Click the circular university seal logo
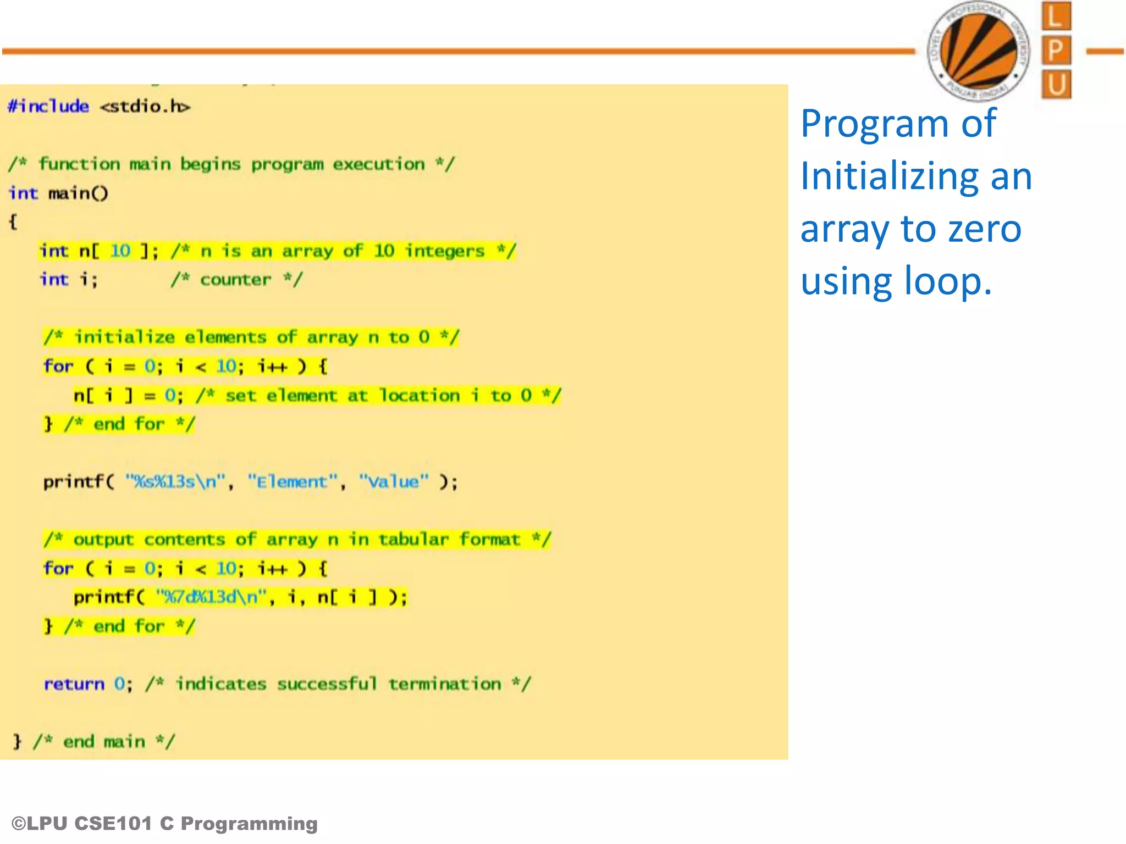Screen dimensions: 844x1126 [979, 51]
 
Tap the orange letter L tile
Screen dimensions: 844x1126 [1056, 16]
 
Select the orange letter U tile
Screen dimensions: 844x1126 [1056, 85]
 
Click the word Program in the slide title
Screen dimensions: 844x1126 [874, 124]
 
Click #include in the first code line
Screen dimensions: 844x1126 [48, 106]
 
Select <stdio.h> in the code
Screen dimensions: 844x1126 [145, 106]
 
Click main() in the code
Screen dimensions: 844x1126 [78, 193]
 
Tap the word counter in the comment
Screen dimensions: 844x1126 [235, 280]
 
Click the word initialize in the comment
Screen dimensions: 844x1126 [125, 337]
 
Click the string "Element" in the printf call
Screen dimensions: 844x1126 [292, 482]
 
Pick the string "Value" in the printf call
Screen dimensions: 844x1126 [394, 482]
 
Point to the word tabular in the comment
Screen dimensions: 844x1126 [413, 540]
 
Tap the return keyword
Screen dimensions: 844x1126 [74, 684]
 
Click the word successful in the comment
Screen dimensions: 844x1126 [327, 684]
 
